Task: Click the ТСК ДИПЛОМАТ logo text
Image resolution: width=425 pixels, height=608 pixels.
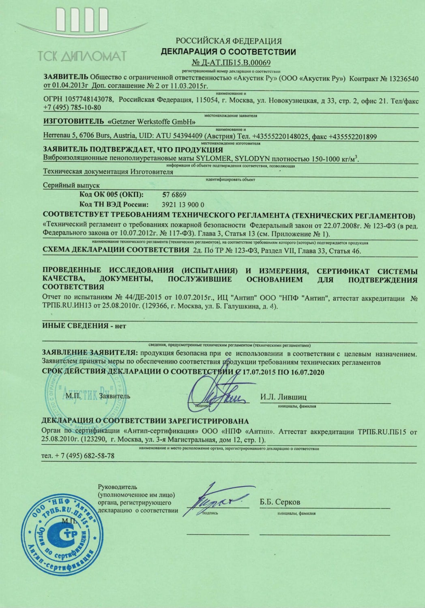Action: [x=82, y=56]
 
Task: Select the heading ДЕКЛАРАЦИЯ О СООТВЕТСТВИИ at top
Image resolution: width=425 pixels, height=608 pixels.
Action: [x=228, y=52]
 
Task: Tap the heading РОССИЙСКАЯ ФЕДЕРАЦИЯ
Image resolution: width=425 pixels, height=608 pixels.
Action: [x=228, y=41]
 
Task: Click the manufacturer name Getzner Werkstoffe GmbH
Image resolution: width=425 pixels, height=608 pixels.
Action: [x=151, y=122]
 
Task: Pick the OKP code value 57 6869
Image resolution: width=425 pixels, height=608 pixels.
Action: [x=174, y=195]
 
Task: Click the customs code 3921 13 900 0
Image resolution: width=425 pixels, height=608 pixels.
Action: [x=183, y=205]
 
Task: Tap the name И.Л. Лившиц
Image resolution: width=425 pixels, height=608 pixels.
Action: [x=283, y=397]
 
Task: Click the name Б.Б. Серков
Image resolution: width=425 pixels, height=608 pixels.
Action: [x=280, y=502]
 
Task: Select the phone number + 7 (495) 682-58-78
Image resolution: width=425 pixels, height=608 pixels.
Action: [x=78, y=456]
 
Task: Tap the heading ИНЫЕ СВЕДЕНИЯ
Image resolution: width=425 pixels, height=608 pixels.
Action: [x=75, y=325]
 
